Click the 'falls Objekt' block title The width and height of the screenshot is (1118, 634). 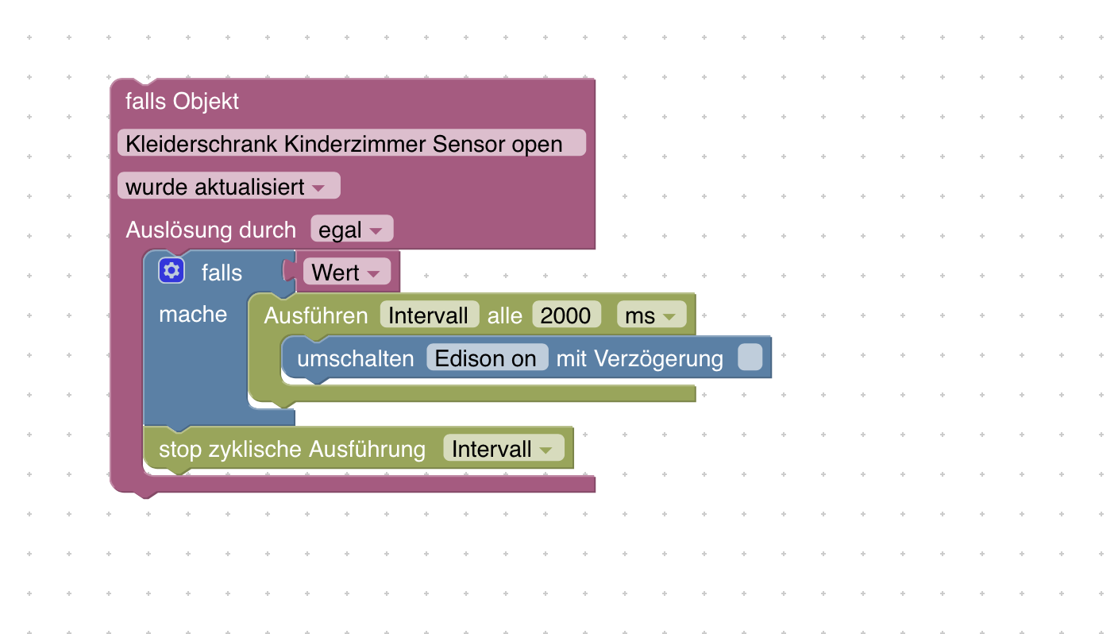click(182, 102)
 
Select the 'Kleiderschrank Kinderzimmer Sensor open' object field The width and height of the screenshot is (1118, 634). click(351, 144)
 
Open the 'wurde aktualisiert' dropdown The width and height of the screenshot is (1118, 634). click(229, 187)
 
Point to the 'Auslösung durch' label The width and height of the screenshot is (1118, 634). click(210, 230)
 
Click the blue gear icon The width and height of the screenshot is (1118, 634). click(172, 271)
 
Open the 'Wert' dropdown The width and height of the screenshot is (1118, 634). click(347, 273)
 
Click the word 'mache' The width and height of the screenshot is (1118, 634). click(193, 315)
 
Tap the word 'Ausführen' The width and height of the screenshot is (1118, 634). click(315, 315)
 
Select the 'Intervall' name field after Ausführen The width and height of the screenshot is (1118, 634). click(429, 315)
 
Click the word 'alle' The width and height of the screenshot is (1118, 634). click(504, 315)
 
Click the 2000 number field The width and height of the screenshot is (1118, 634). click(565, 315)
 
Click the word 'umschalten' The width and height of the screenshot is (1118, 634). click(355, 358)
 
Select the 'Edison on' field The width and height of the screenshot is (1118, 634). click(486, 358)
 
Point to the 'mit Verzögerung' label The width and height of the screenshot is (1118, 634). click(639, 358)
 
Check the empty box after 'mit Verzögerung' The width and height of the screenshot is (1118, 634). click(750, 358)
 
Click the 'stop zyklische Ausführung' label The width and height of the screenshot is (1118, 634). click(291, 449)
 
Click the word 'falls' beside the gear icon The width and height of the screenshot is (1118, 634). click(222, 273)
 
